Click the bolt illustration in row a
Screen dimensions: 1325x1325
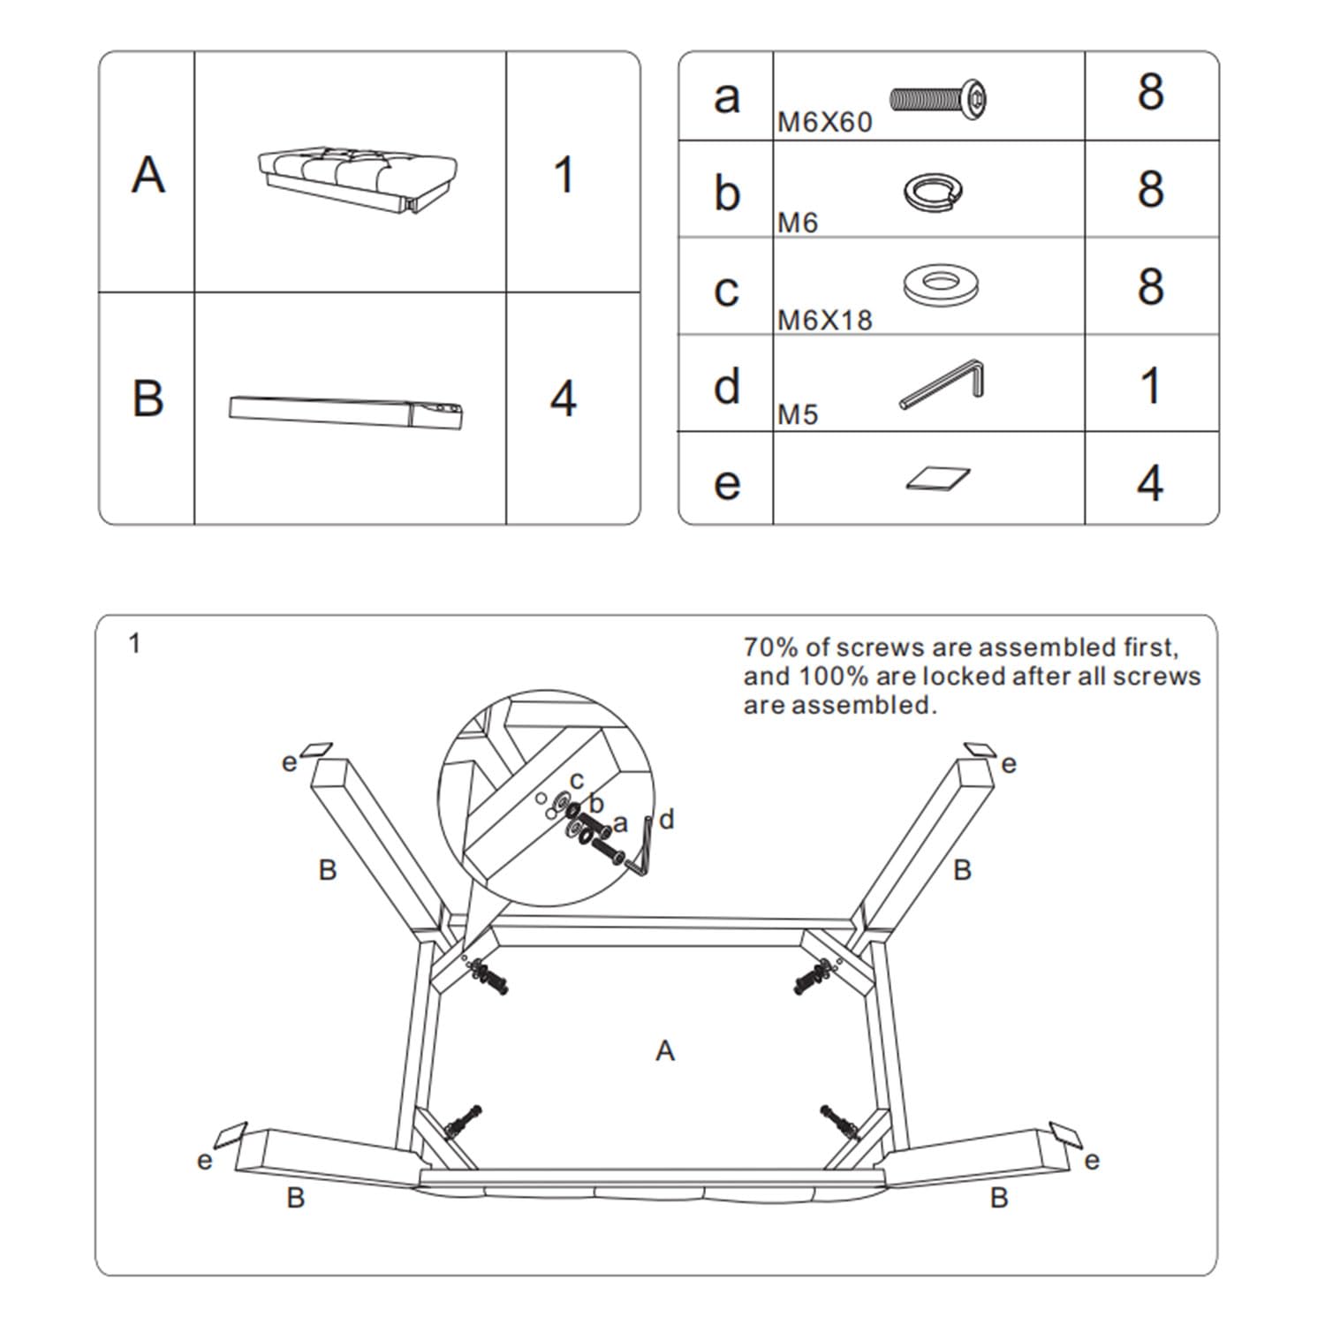(938, 99)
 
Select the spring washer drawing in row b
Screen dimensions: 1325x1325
(933, 192)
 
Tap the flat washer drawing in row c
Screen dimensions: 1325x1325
(941, 284)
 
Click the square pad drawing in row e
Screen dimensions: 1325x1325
(937, 479)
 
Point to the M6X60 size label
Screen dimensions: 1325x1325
(824, 123)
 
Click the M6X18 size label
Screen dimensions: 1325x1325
(824, 321)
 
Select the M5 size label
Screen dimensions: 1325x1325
(798, 415)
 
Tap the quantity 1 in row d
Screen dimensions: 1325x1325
(1150, 387)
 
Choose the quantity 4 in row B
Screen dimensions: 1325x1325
(563, 399)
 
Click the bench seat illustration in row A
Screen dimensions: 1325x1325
(358, 177)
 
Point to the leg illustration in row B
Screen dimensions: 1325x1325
(346, 411)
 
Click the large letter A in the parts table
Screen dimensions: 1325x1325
(148, 175)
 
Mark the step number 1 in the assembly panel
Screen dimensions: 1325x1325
(134, 644)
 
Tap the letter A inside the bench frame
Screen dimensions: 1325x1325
(665, 1051)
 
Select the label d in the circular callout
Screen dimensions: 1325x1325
(667, 820)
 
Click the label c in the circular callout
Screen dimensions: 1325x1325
(577, 780)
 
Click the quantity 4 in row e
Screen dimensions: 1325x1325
(1150, 483)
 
